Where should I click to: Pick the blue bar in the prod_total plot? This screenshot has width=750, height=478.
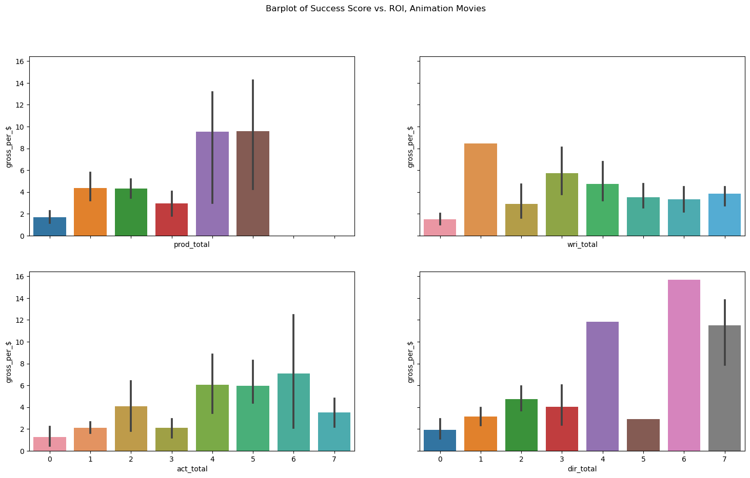click(x=49, y=226)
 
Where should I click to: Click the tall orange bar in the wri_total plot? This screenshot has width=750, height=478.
click(x=480, y=190)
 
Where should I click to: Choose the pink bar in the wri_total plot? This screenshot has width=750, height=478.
click(x=440, y=227)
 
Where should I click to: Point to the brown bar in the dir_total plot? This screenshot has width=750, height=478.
click(x=643, y=435)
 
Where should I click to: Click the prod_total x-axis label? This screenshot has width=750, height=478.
click(x=191, y=245)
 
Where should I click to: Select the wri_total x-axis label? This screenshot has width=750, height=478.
click(x=582, y=245)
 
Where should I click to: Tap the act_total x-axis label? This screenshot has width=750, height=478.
click(x=191, y=469)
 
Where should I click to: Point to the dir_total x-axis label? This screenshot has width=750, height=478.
click(x=582, y=469)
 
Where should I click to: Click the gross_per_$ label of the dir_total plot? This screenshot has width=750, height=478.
click(x=410, y=362)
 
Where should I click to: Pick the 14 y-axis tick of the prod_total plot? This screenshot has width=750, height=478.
click(x=21, y=83)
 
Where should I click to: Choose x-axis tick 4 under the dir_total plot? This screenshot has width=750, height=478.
click(x=602, y=459)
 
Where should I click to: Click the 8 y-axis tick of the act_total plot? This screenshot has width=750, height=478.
click(x=23, y=364)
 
